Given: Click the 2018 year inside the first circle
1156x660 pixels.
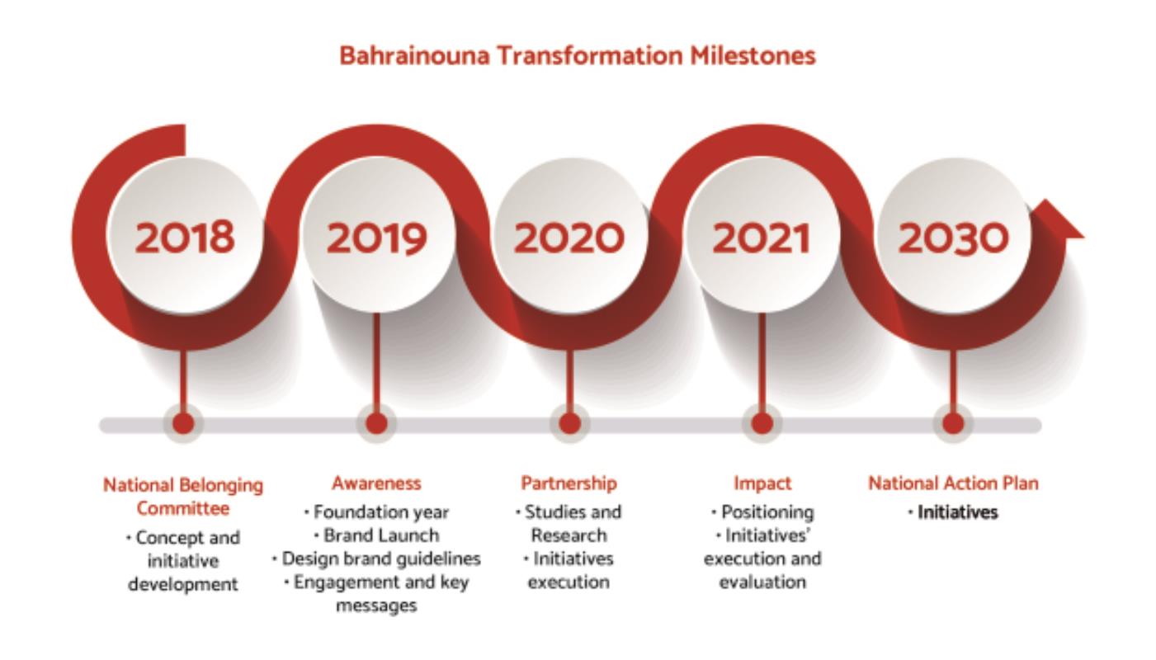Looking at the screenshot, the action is pyautogui.click(x=184, y=238).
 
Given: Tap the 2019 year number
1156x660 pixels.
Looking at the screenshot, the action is pyautogui.click(x=376, y=238).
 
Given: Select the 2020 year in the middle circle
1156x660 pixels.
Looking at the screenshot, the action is pyautogui.click(x=569, y=238).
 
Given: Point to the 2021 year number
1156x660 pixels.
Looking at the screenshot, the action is pyautogui.click(x=761, y=238).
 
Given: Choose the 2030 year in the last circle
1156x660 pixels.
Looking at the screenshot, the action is pyautogui.click(x=953, y=238).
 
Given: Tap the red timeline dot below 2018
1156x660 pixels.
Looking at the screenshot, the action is pyautogui.click(x=183, y=424).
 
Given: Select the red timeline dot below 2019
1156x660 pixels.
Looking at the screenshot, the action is pyautogui.click(x=376, y=424).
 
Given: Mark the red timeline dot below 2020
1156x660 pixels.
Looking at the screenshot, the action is pyautogui.click(x=569, y=424).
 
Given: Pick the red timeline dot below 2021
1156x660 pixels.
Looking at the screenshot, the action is pyautogui.click(x=762, y=424).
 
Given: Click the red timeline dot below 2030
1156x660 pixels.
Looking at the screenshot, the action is pyautogui.click(x=953, y=424).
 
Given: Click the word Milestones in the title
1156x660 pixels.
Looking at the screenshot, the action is pyautogui.click(x=753, y=56).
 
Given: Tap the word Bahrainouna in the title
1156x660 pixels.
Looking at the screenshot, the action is pyautogui.click(x=414, y=56).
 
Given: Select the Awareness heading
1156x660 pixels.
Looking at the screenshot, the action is pyautogui.click(x=376, y=483).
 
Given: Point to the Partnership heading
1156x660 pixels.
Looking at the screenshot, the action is pyautogui.click(x=569, y=483).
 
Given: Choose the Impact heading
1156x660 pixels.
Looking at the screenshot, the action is pyautogui.click(x=762, y=484).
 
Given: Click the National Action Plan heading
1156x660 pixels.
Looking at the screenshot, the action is pyautogui.click(x=953, y=483).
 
